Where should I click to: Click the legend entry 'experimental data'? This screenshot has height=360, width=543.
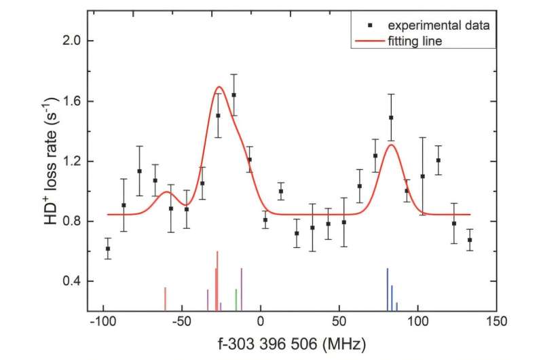(x=438, y=25)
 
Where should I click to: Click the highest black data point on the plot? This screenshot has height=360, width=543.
(x=233, y=95)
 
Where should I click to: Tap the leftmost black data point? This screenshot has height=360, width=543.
(x=108, y=249)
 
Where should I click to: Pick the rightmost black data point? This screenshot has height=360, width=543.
(x=470, y=240)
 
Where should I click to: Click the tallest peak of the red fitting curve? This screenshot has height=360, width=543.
(x=219, y=87)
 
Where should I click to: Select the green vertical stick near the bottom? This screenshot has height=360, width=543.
(x=236, y=300)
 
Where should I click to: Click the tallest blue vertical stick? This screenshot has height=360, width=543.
(x=388, y=289)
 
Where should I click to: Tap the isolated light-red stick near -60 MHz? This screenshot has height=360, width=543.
(x=165, y=299)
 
